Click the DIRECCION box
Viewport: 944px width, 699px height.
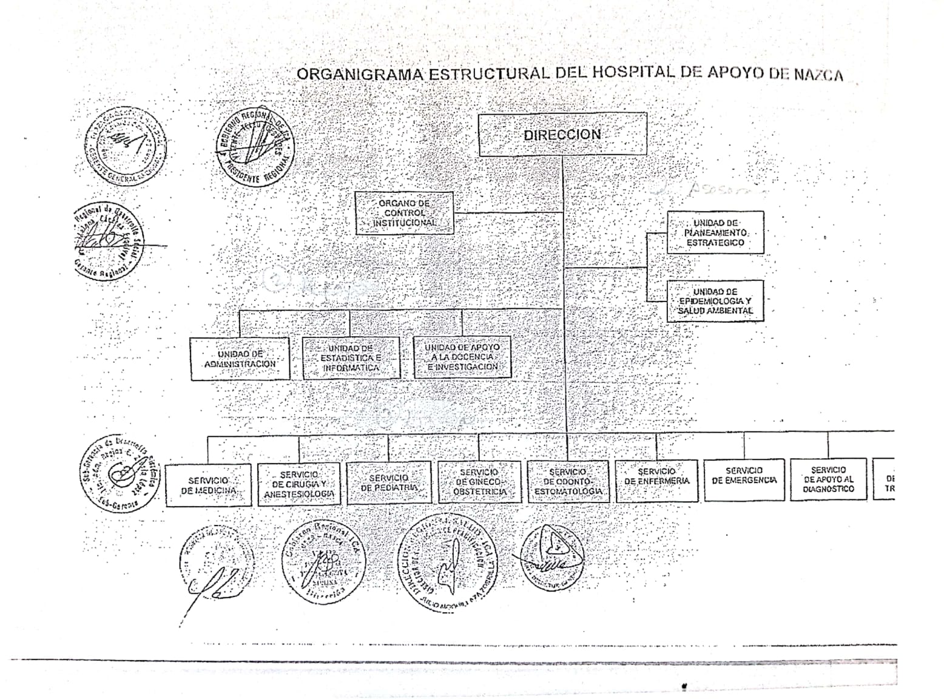pyautogui.click(x=562, y=134)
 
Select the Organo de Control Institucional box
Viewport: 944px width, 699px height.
pyautogui.click(x=404, y=213)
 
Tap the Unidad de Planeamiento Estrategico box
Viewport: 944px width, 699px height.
pyautogui.click(x=715, y=232)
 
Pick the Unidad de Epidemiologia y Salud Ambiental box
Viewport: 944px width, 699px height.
pyautogui.click(x=715, y=301)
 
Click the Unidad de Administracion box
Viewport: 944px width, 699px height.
pyautogui.click(x=240, y=359)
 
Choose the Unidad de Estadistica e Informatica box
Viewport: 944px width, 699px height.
pyautogui.click(x=351, y=358)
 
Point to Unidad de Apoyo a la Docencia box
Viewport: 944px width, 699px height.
pyautogui.click(x=462, y=357)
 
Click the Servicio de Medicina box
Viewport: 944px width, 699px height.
pyautogui.click(x=208, y=485)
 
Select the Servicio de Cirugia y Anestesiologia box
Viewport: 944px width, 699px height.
pyautogui.click(x=298, y=484)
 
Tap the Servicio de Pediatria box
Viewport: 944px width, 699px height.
pyautogui.click(x=388, y=482)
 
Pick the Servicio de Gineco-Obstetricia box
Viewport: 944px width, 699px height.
pyautogui.click(x=479, y=482)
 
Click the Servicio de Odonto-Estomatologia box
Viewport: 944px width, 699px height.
pyautogui.click(x=568, y=481)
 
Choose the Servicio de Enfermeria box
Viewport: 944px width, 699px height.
pyautogui.click(x=656, y=481)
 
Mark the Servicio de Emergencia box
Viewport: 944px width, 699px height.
pyautogui.click(x=744, y=479)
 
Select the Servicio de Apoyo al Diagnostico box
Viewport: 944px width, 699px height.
pyautogui.click(x=828, y=479)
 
